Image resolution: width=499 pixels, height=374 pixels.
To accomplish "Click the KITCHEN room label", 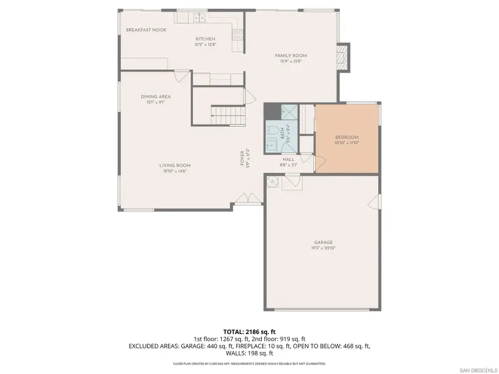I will pyautogui.click(x=201, y=39).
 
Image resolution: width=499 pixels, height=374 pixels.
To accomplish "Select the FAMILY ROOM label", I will pyautogui.click(x=291, y=55).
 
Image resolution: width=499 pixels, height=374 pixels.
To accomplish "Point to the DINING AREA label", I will pyautogui.click(x=155, y=96).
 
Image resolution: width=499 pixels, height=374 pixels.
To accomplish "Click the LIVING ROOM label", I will pyautogui.click(x=175, y=165).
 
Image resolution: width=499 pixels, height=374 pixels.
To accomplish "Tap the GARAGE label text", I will pyautogui.click(x=323, y=242).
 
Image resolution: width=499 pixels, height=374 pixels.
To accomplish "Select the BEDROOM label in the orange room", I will pyautogui.click(x=347, y=137).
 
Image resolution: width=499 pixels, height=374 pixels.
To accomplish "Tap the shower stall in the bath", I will pyautogui.click(x=288, y=111).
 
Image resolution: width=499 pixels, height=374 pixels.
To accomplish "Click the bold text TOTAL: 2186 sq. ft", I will pyautogui.click(x=249, y=331).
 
